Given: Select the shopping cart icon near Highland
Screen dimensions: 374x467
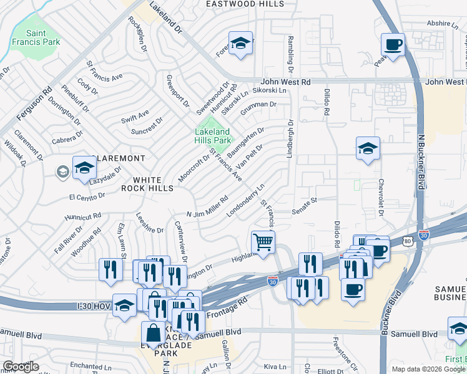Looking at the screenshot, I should tap(263, 241).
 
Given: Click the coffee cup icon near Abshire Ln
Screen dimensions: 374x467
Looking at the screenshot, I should tap(393, 45).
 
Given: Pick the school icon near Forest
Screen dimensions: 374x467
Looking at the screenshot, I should tap(239, 44).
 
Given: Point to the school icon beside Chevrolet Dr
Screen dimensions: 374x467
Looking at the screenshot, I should tap(368, 148).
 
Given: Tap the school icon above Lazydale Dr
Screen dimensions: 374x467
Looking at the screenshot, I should tap(84, 168).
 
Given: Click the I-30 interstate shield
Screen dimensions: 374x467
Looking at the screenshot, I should tap(272, 281).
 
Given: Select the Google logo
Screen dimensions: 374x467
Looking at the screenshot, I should tap(21, 367).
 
